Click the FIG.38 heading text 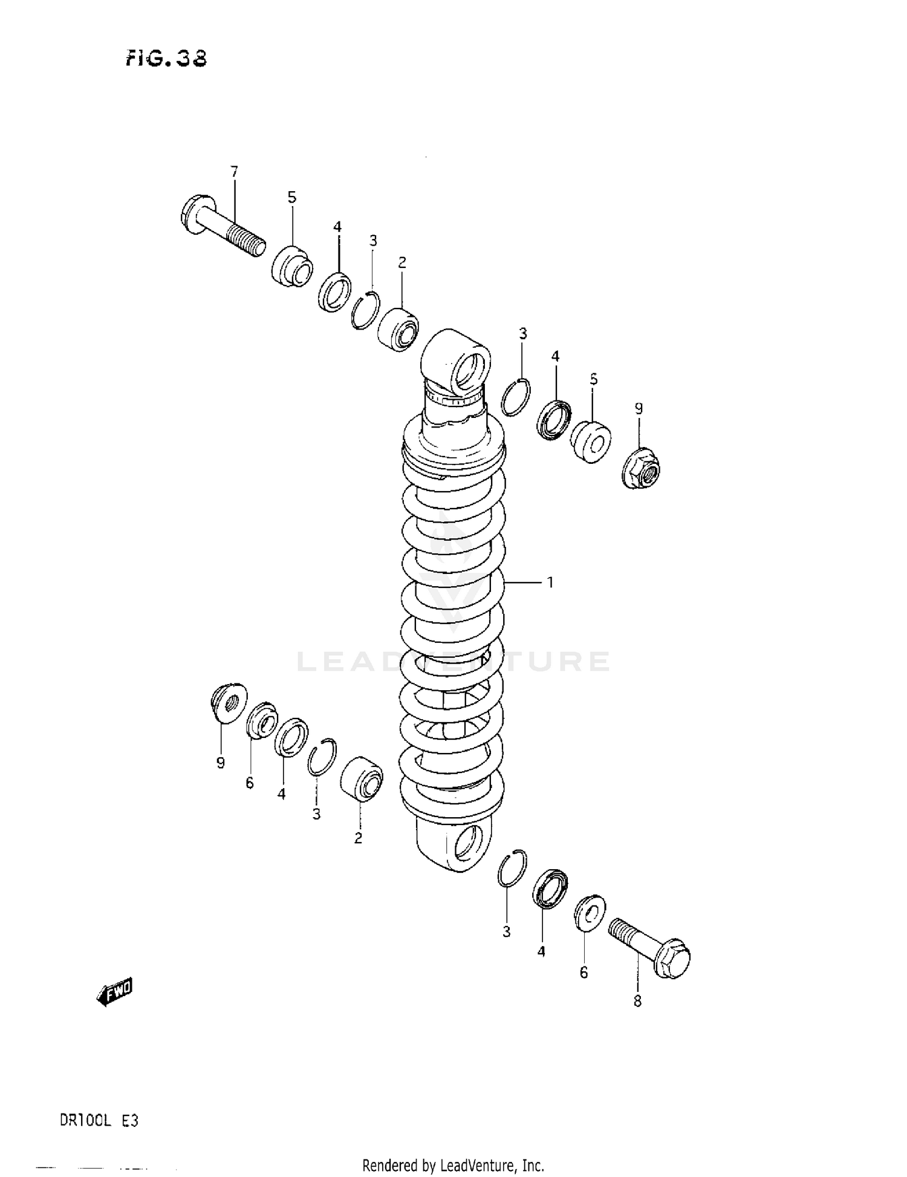coord(166,58)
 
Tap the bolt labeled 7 coord(221,227)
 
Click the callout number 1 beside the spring coord(550,582)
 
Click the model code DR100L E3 coord(99,1120)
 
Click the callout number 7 coord(234,172)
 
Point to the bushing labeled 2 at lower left coord(362,778)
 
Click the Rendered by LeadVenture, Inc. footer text coord(453,1165)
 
